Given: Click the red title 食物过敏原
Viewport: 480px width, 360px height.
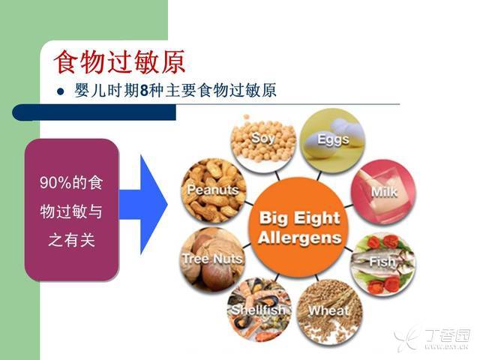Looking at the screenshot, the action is [x=120, y=62].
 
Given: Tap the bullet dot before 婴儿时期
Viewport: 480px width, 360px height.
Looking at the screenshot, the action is [x=61, y=91].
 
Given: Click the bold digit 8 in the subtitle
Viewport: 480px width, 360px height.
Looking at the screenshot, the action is [x=144, y=91].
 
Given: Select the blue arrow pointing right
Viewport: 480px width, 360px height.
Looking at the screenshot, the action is [x=143, y=205].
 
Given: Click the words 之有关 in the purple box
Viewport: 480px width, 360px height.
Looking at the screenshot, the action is [x=71, y=240].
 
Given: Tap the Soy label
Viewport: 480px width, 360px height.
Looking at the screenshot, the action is [x=262, y=138].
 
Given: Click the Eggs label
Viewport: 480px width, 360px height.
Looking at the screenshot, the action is [x=333, y=139].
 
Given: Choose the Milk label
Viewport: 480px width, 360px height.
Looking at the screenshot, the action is [x=384, y=192].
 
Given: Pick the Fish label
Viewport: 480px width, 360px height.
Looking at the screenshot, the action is [x=382, y=262].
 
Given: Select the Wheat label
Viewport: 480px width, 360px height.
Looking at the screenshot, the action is [x=328, y=310].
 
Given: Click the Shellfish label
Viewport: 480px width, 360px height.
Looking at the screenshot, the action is [x=259, y=310].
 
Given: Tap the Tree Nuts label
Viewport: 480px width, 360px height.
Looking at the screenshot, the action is [x=212, y=259].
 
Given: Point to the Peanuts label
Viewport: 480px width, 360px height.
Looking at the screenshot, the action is [x=213, y=190].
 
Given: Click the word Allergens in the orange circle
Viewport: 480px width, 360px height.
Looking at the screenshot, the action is [x=300, y=238].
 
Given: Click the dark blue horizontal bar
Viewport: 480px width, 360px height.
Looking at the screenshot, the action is [x=94, y=112].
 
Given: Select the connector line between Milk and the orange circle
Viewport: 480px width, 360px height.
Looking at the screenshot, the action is [x=349, y=206].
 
